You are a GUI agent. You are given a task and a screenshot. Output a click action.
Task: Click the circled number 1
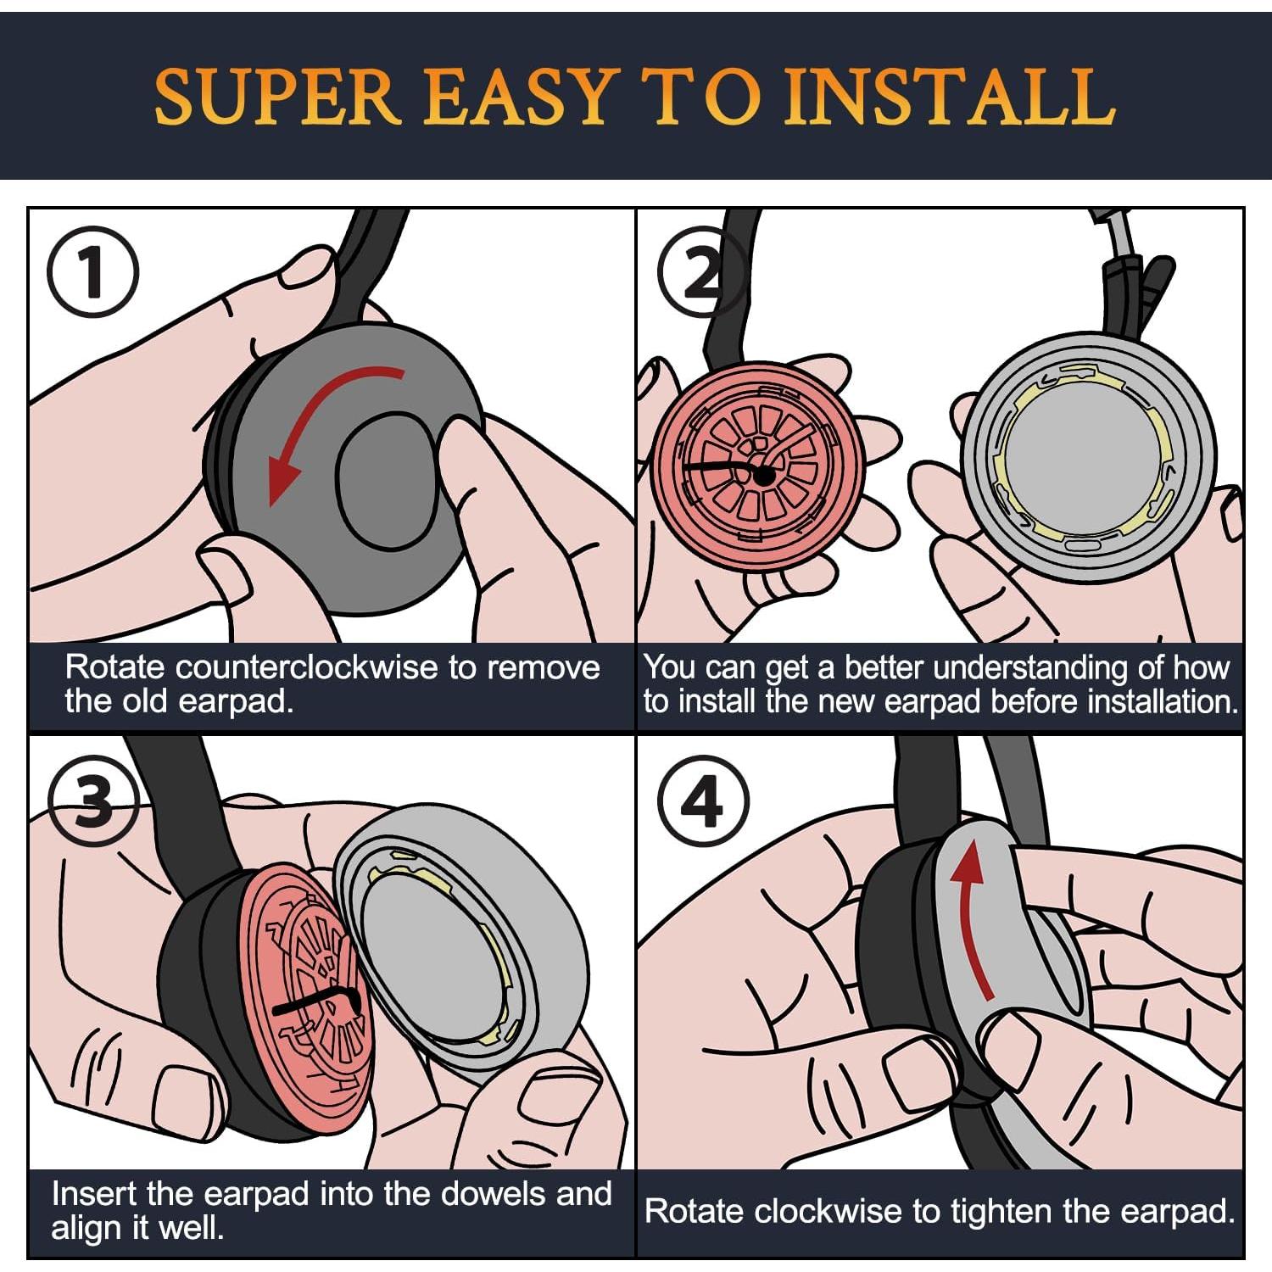pyautogui.click(x=92, y=271)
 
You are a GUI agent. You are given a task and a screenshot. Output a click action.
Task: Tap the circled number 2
pyautogui.click(x=703, y=271)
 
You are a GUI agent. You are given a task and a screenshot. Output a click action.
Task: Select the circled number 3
pyautogui.click(x=92, y=801)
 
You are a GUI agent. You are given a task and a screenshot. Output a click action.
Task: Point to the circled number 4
pyautogui.click(x=703, y=801)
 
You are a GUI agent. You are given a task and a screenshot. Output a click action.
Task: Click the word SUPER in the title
pyautogui.click(x=276, y=96)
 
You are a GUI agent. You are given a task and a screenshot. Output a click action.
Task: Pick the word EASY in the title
pyautogui.click(x=518, y=96)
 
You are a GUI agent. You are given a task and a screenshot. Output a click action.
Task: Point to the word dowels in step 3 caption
pyautogui.click(x=464, y=1193)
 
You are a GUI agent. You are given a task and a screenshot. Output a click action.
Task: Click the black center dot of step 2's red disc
pyautogui.click(x=763, y=477)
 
